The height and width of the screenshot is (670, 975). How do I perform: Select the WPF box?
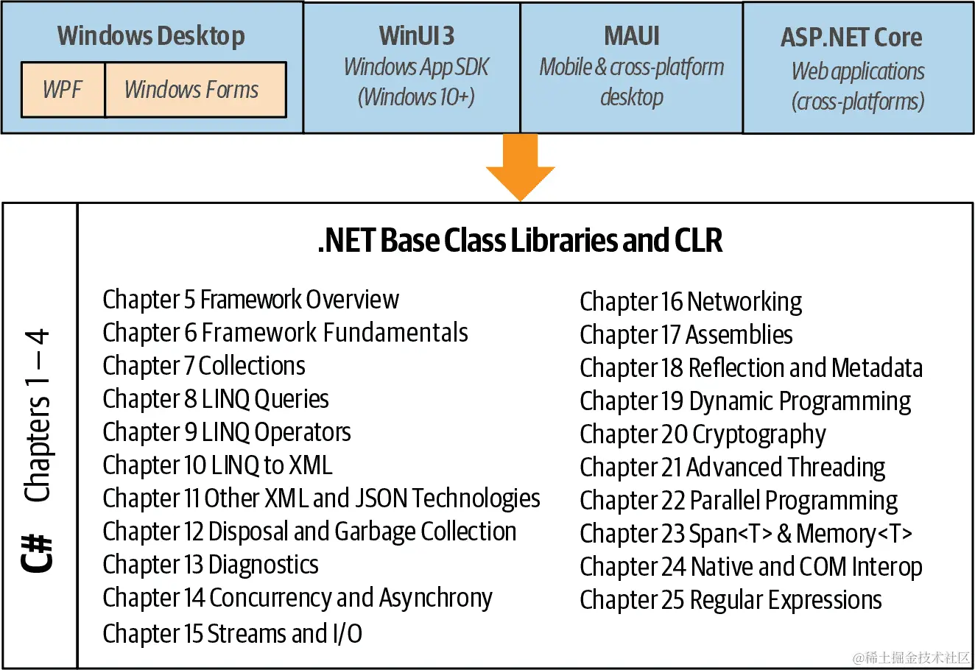pos(63,90)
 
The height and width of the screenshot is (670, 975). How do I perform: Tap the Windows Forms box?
pos(192,90)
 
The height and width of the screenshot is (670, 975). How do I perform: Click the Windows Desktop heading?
pos(151,35)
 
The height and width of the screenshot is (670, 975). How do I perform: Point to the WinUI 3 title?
pos(416,35)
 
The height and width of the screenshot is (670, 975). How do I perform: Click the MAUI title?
pos(631,35)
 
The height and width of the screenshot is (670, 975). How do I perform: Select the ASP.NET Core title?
pos(851,37)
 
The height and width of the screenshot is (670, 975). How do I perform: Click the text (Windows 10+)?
pos(416,96)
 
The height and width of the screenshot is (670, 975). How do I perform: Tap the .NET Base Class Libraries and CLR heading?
pos(520,241)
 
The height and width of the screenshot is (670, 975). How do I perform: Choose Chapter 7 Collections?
pos(204,366)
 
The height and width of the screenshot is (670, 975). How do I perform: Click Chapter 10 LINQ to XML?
pos(217,465)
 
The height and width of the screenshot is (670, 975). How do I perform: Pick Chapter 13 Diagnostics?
pos(211,565)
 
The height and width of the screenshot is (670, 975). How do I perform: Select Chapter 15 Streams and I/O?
pos(232,633)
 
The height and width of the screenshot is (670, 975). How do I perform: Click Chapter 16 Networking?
pos(691,301)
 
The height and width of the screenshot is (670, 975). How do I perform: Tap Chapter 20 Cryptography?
pos(703,434)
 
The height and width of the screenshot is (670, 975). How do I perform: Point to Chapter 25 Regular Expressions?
pos(731,600)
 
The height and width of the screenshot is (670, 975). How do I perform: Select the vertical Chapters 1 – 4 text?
pos(38,416)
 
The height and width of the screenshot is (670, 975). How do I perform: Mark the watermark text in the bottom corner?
pos(912,657)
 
